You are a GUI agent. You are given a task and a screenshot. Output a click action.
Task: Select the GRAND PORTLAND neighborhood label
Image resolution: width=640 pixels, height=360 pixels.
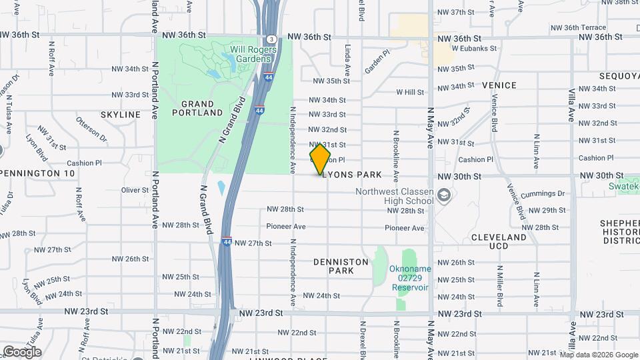pos(197,109)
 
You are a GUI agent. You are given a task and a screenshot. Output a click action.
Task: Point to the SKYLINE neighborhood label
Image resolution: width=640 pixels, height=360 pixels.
pos(121,115)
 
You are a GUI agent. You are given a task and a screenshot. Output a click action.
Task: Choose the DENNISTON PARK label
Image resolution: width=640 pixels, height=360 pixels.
pos(341,267)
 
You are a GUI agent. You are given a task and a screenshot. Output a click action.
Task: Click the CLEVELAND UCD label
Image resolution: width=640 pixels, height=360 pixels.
pos(499,241)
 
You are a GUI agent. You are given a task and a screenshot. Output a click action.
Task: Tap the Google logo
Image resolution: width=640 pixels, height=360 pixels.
pos(22,352)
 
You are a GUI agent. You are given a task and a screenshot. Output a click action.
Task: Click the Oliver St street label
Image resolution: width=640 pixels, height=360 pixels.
pos(135,190)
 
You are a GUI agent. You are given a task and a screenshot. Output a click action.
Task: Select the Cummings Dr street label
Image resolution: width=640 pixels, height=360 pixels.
pos(547,193)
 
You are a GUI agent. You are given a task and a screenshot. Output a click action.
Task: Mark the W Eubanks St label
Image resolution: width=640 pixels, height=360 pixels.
pos(474,48)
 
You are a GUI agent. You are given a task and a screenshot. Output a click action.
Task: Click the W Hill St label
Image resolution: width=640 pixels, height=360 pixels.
pos(411,92)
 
